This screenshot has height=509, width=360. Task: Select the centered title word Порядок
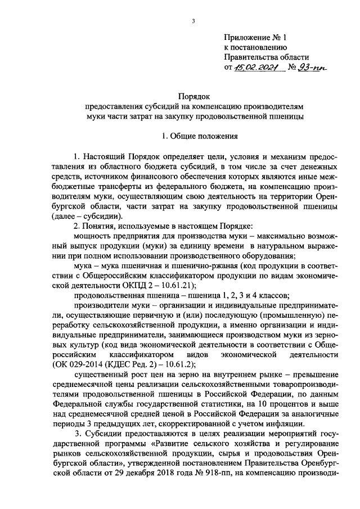point(193,97)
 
